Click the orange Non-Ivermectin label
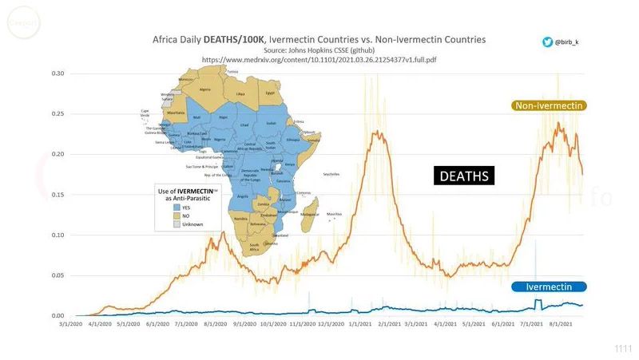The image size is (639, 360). click(550, 105)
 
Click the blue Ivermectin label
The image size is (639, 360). click(550, 287)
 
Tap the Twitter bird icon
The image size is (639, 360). click(548, 42)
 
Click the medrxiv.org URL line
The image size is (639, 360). click(319, 60)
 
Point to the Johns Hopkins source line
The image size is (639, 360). click(319, 49)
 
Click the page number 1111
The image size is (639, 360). click(623, 349)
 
